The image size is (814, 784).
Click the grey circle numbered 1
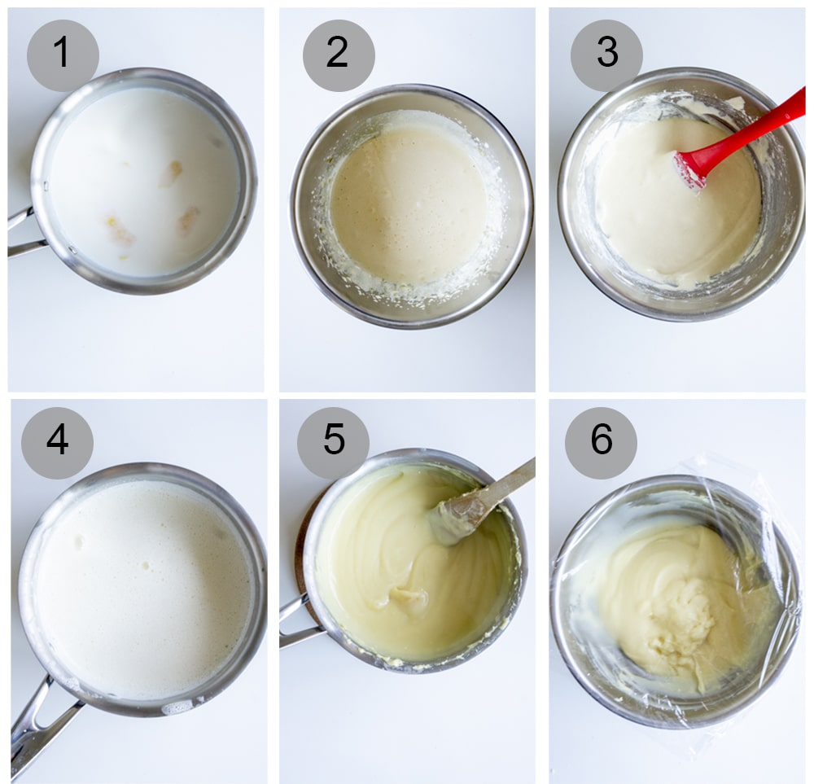[x=63, y=55]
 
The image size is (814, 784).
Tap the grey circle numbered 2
[x=339, y=55]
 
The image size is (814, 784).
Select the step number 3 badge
[x=606, y=55]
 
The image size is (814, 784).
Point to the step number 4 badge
[x=57, y=443]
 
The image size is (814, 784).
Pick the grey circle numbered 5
[x=333, y=443]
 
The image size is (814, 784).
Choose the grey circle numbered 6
[x=601, y=443]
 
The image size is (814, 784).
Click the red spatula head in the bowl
[x=690, y=169]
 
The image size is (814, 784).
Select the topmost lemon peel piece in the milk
[x=171, y=173]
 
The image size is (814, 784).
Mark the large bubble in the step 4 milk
[x=79, y=541]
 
